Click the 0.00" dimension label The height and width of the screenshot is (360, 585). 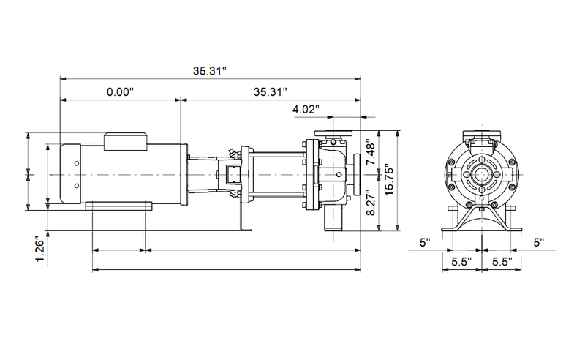(121, 92)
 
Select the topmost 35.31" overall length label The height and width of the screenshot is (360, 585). (211, 70)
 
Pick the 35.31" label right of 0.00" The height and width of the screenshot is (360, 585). (270, 92)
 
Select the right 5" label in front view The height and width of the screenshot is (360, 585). (540, 241)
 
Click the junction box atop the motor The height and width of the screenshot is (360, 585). (127, 140)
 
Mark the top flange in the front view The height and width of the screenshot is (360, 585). (482, 135)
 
